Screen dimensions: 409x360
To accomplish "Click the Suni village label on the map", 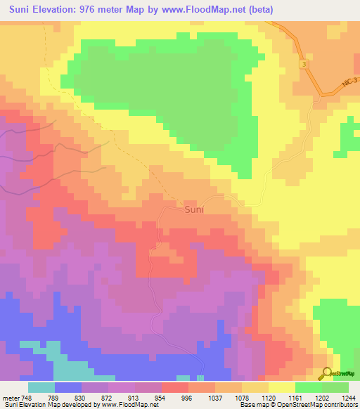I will tap(195, 209).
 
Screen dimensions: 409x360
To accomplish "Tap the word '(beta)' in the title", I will tap(257, 9).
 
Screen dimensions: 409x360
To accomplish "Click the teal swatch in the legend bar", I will tap(41, 387).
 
